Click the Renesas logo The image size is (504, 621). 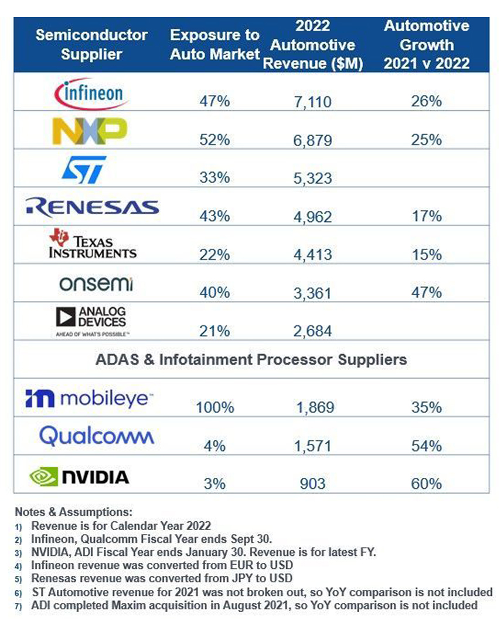point(92,206)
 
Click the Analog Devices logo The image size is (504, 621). point(91,320)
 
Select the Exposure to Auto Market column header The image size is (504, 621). point(214,45)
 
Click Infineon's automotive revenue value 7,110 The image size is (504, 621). point(312,102)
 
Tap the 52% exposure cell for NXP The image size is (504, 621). point(214,140)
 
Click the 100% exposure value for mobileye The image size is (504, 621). point(214,407)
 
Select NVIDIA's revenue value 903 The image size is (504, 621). point(312,484)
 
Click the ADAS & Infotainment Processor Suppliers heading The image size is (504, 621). point(251,359)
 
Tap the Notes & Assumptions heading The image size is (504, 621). point(73,511)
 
